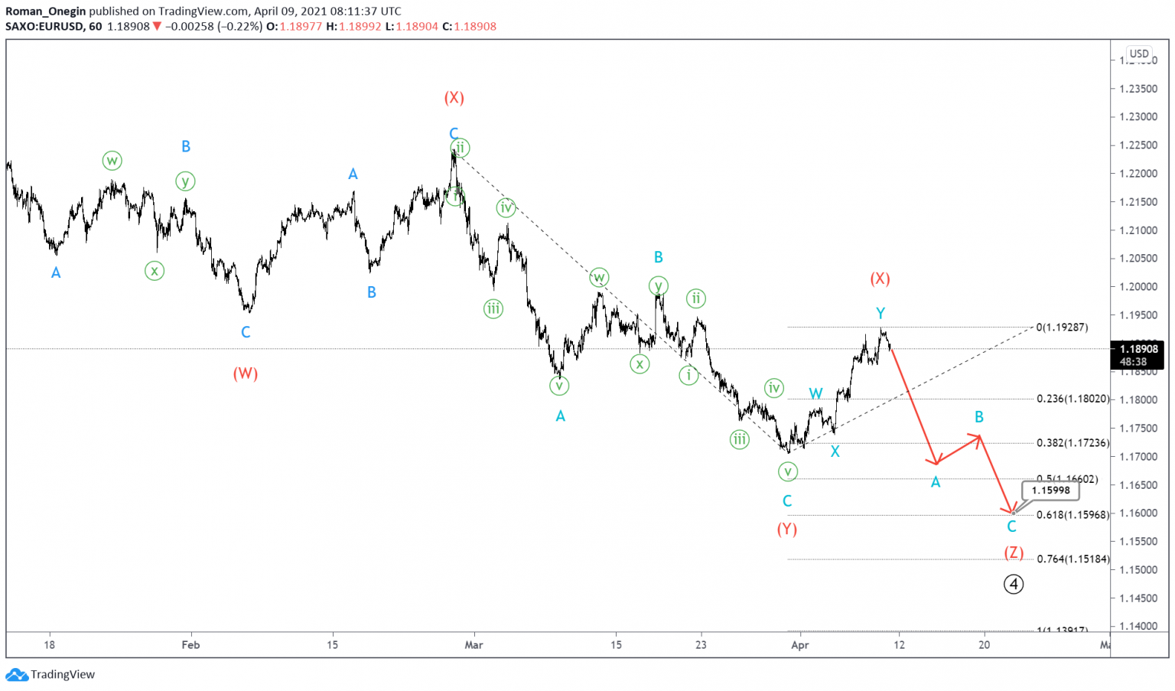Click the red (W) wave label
click(246, 373)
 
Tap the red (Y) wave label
click(787, 529)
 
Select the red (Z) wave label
click(1014, 552)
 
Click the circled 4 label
click(1014, 585)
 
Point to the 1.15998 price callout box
click(1050, 491)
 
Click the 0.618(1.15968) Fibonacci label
click(1072, 515)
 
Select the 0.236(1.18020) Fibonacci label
click(1072, 399)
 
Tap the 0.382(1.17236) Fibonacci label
click(1072, 443)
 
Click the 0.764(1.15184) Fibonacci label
click(1072, 559)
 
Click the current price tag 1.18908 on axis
click(1138, 349)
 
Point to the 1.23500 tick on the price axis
click(1138, 89)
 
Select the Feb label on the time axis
click(190, 645)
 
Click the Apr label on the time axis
click(800, 645)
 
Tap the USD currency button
click(1139, 54)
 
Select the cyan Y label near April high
click(880, 313)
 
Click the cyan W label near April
click(816, 394)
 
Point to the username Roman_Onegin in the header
click(45, 11)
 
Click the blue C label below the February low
click(246, 332)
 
